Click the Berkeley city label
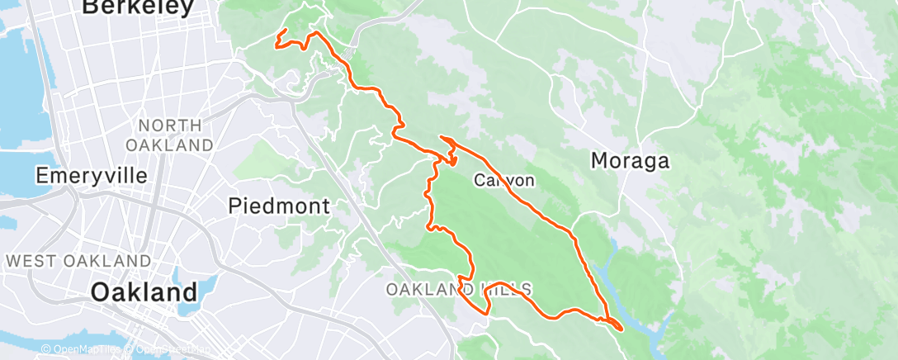(138, 7)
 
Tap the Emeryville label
(92, 176)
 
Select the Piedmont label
(279, 206)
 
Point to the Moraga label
(630, 161)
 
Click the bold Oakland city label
(144, 292)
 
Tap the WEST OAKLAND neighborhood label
(78, 261)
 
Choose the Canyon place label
(504, 180)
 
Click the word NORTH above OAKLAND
(170, 126)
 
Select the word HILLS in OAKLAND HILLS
(504, 289)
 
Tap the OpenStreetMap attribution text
(168, 350)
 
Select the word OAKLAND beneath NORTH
(170, 144)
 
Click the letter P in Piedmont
(235, 206)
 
